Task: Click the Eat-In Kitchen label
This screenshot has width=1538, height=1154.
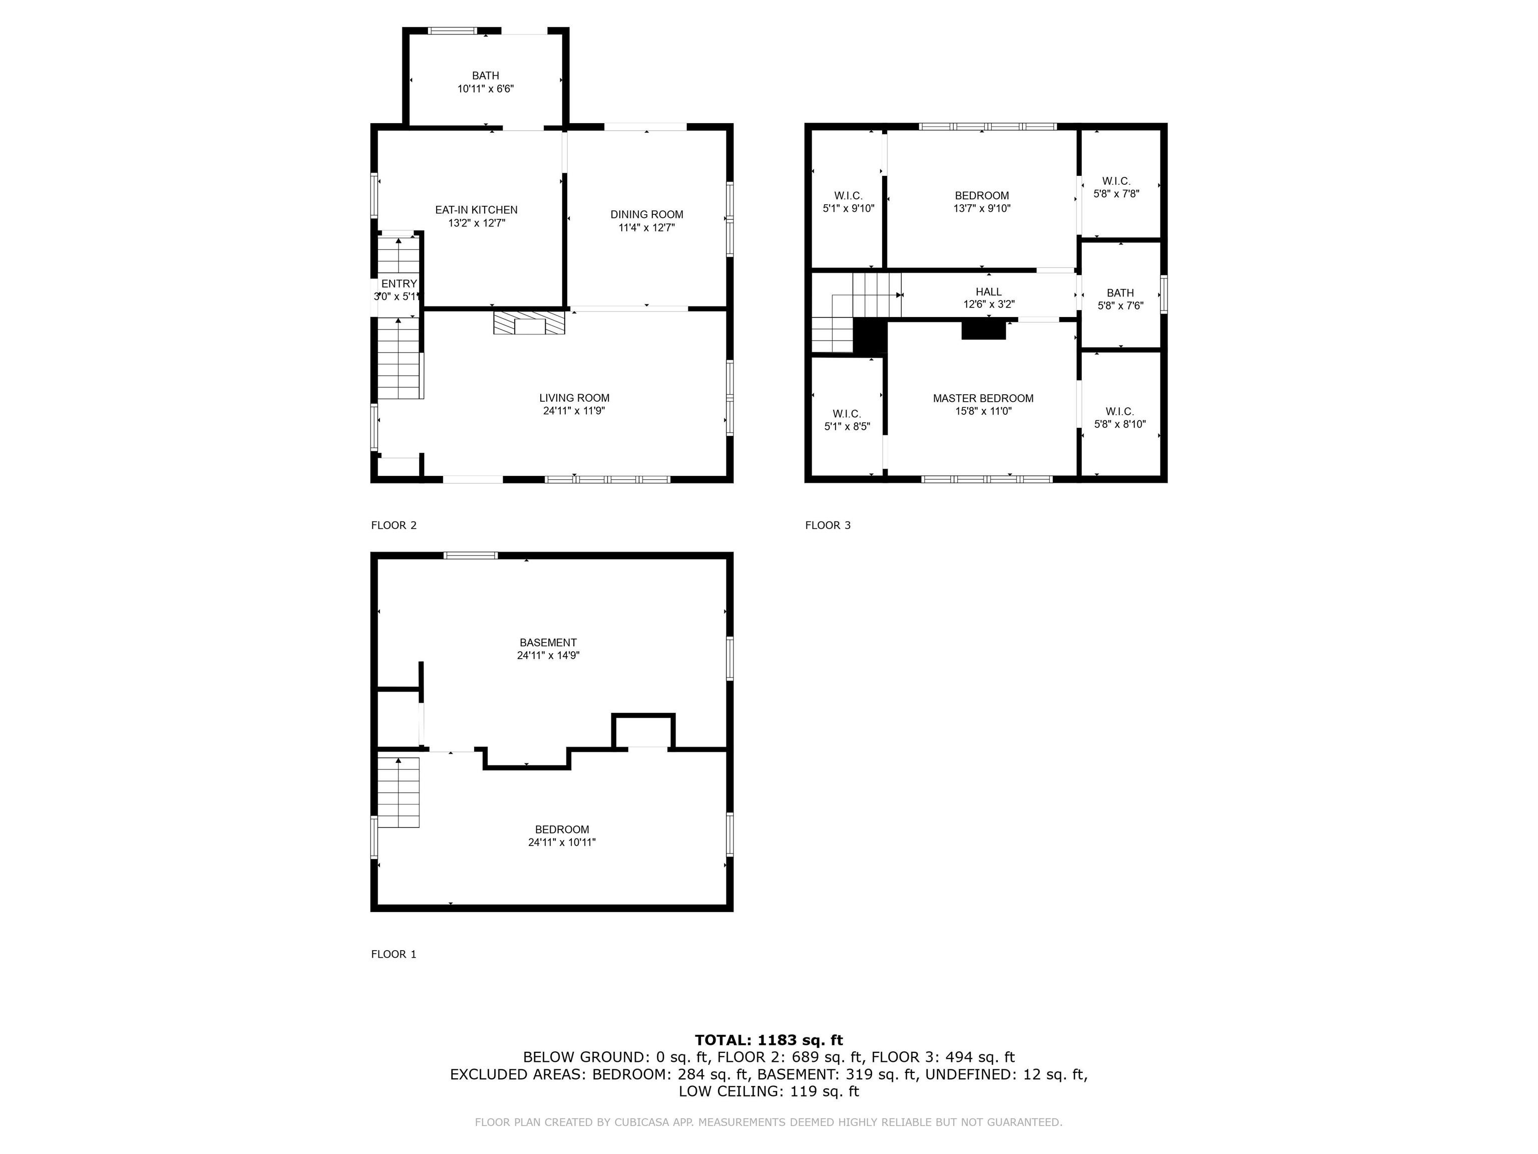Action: pos(476,210)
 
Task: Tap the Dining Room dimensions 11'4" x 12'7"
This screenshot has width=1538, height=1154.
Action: pos(647,227)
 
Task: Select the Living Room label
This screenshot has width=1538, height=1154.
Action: pos(574,398)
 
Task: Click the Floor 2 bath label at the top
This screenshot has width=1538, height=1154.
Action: pos(485,76)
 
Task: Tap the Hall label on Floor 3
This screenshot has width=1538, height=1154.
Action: pos(988,292)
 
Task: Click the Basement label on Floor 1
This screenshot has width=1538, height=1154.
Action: pos(548,643)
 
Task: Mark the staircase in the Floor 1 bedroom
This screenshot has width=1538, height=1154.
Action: pos(399,792)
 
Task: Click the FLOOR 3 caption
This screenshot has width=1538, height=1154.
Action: pos(828,525)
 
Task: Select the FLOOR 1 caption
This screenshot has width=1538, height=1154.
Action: pos(394,954)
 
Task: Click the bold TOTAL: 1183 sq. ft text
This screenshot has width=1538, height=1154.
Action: pos(768,1040)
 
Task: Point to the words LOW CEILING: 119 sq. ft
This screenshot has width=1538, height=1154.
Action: pos(768,1091)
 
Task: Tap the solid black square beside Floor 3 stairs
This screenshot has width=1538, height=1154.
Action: pos(869,337)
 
